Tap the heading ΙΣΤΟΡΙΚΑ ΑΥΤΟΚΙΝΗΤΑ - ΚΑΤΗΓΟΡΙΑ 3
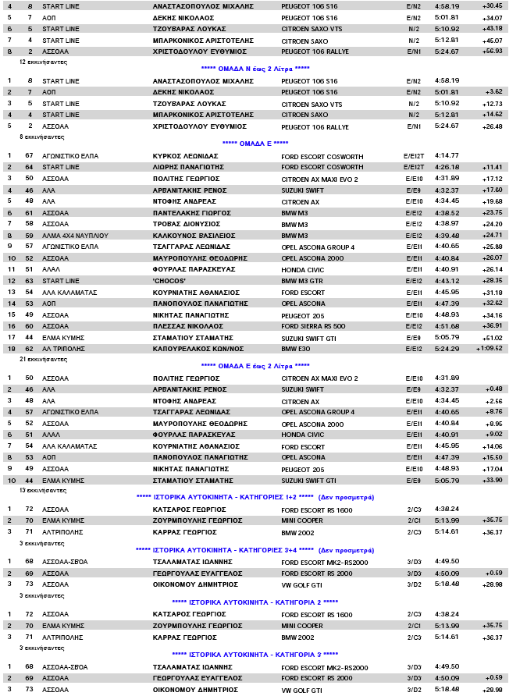[x=255, y=654]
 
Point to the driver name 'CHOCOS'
[x=169, y=280]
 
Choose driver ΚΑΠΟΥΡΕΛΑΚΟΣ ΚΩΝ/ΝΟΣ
[x=194, y=348]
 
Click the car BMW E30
[x=295, y=348]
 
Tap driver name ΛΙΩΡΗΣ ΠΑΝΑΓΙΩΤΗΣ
[x=187, y=167]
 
